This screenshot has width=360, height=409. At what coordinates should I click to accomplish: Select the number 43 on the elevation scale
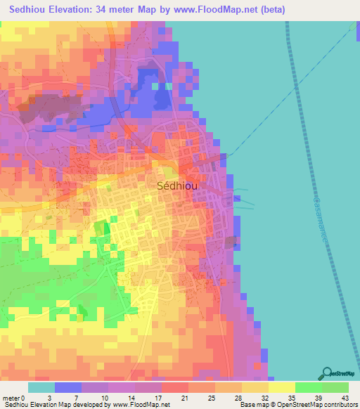(x=345, y=397)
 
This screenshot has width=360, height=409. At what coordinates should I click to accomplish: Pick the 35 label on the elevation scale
(x=291, y=397)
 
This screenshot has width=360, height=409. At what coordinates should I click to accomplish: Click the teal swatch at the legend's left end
(x=41, y=387)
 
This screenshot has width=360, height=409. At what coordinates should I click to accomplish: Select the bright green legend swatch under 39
(x=308, y=387)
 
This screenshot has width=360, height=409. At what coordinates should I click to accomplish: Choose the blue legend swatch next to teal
(x=67, y=387)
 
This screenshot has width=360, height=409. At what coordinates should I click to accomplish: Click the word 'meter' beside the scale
(x=12, y=397)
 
